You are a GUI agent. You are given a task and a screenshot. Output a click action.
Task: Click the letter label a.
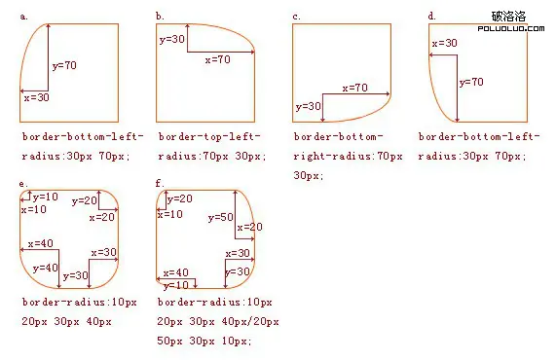23,16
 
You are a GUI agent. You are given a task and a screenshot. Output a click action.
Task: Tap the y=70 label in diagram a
64,66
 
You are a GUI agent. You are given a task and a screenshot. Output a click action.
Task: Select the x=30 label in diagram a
35,97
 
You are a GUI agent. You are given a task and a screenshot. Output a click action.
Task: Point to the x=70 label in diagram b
217,59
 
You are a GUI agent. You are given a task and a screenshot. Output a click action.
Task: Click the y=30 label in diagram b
171,39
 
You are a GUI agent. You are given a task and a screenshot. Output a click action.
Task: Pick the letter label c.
296,16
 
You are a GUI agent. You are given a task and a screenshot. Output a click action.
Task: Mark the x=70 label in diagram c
354,88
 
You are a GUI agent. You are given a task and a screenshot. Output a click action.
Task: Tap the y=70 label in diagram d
471,83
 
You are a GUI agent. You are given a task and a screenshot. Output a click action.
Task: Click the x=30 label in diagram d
443,44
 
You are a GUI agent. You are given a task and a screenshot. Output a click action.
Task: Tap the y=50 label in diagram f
220,216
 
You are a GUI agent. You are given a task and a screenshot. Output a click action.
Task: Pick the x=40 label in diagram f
176,273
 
